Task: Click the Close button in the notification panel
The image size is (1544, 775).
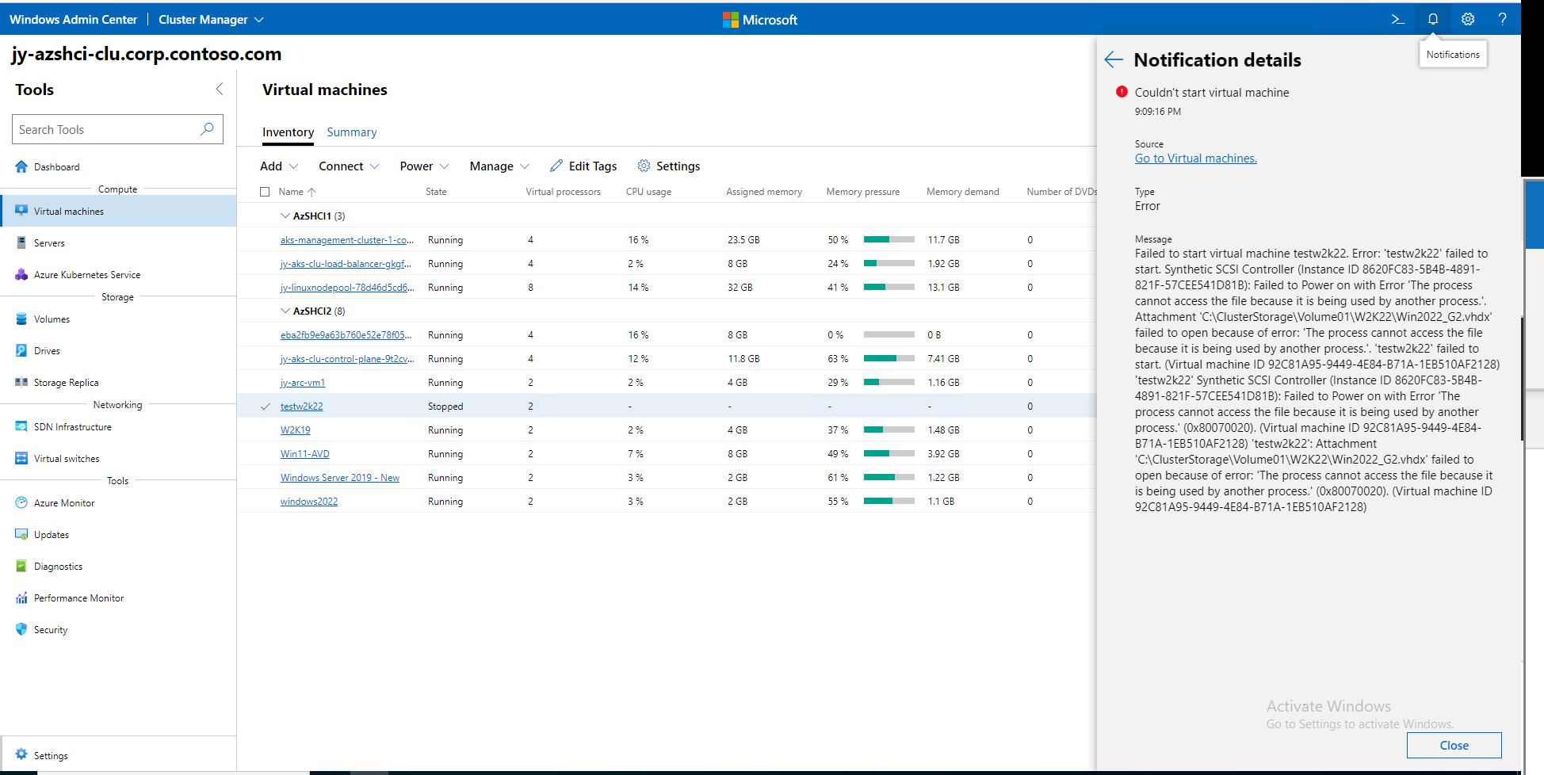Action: coord(1454,745)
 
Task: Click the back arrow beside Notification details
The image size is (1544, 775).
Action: coord(1114,59)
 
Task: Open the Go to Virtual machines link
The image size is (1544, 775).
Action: coord(1195,158)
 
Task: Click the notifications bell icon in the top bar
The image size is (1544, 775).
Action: coord(1433,19)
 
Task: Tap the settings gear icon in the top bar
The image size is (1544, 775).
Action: coord(1468,19)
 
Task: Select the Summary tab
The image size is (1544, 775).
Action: coord(351,132)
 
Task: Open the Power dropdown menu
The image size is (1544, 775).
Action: coord(424,166)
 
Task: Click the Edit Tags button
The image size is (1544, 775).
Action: coord(583,166)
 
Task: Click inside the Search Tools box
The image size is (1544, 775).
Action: coord(107,129)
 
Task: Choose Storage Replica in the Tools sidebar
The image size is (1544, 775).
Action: coord(66,383)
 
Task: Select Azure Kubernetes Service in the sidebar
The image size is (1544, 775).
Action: coord(86,275)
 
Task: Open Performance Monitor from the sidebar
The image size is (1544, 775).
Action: coord(78,598)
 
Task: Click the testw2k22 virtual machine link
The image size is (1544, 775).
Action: coord(301,407)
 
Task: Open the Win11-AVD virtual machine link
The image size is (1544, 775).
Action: coord(304,454)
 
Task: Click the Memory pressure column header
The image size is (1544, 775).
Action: coord(862,192)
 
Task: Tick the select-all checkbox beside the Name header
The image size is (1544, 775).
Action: coord(265,192)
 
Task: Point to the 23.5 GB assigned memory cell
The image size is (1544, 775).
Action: coord(743,240)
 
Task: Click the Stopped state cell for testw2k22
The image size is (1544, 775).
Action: coord(445,407)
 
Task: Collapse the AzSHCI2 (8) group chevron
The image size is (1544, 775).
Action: coord(285,311)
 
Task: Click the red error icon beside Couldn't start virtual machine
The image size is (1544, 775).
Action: coord(1121,92)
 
